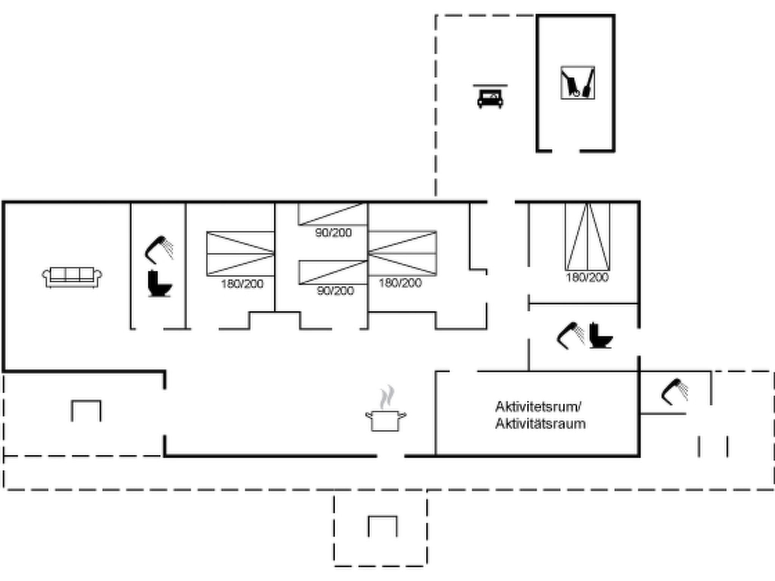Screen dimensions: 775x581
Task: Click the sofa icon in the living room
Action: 72,277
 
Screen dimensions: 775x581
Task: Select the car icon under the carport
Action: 490,96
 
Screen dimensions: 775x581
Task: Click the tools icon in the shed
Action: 577,83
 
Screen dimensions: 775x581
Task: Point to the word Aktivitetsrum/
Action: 538,407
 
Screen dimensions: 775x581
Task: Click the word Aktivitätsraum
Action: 540,424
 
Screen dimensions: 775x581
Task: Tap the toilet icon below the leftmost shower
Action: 159,283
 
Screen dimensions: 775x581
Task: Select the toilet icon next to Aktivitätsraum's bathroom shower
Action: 600,336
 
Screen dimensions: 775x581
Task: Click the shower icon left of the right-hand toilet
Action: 571,336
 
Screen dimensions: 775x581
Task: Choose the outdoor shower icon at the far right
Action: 675,391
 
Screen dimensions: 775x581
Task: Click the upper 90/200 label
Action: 333,232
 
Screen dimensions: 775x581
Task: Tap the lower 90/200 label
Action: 335,290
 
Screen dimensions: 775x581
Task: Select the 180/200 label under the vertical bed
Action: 587,277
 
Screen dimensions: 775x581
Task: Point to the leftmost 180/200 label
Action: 242,284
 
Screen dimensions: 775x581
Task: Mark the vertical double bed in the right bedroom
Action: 587,236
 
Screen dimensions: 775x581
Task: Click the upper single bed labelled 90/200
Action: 333,214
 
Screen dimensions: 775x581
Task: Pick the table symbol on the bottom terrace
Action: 383,526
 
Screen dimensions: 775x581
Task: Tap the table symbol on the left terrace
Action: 86,411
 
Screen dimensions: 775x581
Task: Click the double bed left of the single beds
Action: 240,253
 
